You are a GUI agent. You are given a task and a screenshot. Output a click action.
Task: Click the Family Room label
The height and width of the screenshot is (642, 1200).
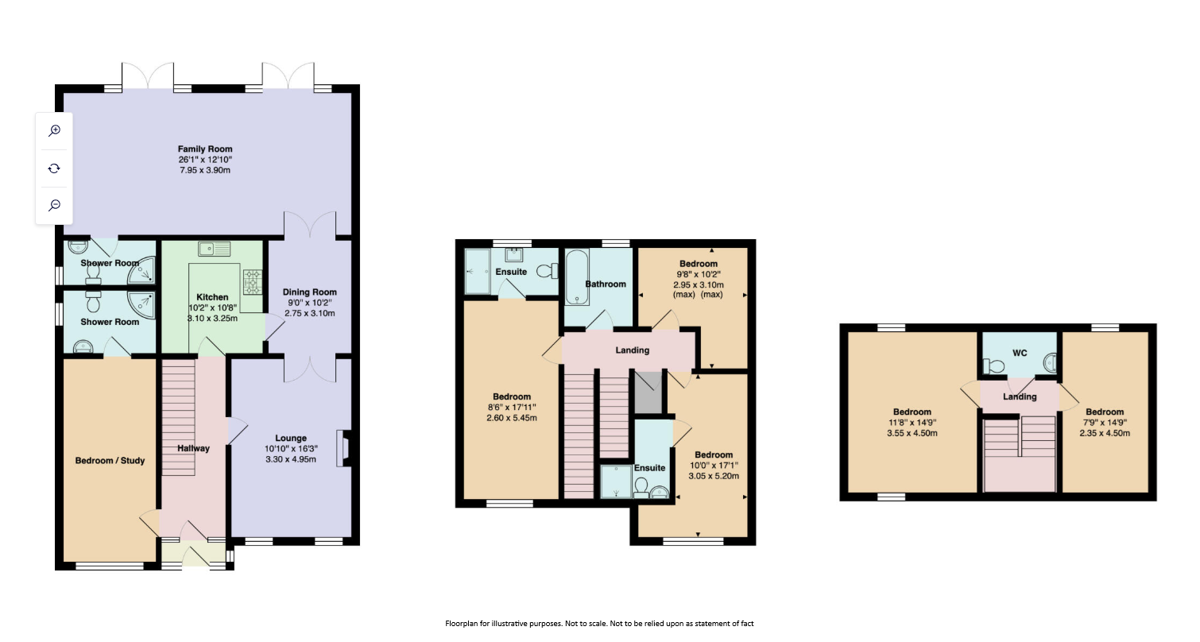tap(205, 149)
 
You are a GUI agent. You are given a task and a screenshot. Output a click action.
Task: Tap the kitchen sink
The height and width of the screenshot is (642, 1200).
tap(214, 249)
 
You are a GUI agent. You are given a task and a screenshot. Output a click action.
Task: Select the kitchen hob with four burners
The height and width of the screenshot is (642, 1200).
tap(253, 282)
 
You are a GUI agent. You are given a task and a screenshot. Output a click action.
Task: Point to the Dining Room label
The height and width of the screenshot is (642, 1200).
tap(310, 292)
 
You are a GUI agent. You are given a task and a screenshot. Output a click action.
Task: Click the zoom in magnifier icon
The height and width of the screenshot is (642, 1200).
tap(54, 130)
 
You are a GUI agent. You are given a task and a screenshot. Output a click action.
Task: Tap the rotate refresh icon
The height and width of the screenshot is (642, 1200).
tap(54, 168)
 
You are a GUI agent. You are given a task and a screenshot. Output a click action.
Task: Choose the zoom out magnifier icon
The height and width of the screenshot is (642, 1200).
tap(54, 205)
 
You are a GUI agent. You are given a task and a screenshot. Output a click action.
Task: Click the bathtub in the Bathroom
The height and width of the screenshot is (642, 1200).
tap(578, 277)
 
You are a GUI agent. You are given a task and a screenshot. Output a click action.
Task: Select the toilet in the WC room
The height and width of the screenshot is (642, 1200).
tap(993, 366)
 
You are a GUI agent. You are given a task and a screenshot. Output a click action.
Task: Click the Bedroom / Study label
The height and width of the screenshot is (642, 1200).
tap(110, 461)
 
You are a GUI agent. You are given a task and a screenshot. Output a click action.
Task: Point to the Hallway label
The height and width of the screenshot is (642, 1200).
tap(193, 448)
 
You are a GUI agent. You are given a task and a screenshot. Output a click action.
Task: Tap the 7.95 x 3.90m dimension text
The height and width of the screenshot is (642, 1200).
tap(205, 170)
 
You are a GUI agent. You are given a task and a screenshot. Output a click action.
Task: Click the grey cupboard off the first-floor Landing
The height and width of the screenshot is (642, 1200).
tap(648, 392)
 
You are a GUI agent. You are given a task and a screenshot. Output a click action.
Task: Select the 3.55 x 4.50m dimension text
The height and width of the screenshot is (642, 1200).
tap(912, 433)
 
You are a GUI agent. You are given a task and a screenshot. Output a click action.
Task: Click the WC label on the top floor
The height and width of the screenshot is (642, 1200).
tap(1020, 353)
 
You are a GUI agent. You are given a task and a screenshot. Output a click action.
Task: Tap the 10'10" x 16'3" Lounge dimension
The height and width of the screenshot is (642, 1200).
tap(291, 449)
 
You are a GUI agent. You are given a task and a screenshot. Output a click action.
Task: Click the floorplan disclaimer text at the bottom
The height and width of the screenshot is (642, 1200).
tap(599, 623)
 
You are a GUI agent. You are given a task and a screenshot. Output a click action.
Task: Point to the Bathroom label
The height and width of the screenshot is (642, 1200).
tap(606, 284)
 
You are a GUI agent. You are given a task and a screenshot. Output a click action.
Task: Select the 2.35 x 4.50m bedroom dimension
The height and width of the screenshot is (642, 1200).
tap(1105, 433)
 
